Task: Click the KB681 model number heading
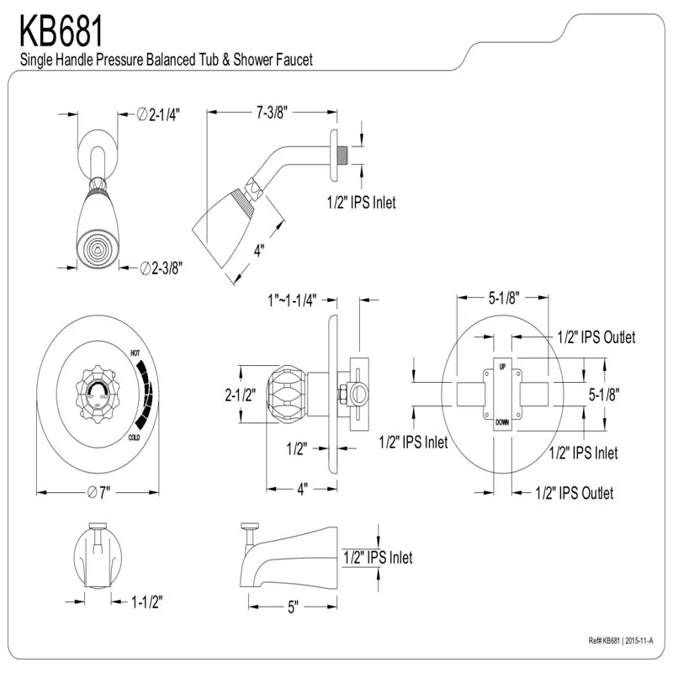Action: [x=61, y=32]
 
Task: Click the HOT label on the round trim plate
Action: [x=135, y=354]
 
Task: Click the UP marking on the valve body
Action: [x=502, y=368]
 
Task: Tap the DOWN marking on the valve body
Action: [x=502, y=421]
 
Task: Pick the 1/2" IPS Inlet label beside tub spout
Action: [x=378, y=557]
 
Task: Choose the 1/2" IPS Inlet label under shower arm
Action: [x=361, y=202]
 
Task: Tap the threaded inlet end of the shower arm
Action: [x=342, y=155]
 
